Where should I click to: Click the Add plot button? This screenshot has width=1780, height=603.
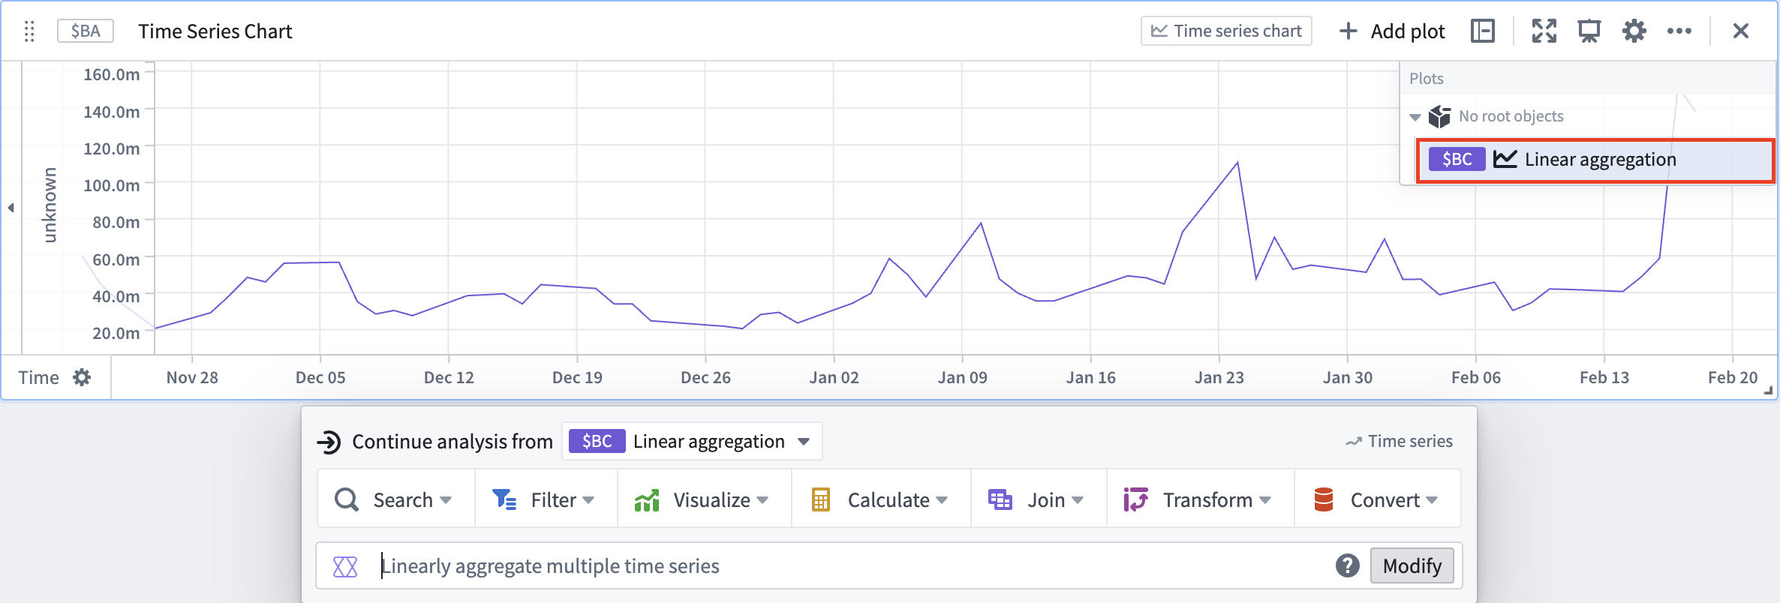1392,31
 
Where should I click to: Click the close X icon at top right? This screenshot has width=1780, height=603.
1741,31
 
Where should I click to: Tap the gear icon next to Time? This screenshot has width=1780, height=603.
82,377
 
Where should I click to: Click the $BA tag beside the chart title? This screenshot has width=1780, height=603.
86,31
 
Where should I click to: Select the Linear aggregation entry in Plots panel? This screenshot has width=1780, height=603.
1595,160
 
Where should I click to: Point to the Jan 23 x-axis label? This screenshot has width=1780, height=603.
1219,377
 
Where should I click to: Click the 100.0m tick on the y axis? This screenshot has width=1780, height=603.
112,185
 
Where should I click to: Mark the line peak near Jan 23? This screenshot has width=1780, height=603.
1237,162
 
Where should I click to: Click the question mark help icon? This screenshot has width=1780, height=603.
1348,565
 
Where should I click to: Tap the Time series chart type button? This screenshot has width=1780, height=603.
1226,31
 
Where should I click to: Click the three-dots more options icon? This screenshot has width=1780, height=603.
1679,31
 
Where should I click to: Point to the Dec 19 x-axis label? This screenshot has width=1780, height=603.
577,377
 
